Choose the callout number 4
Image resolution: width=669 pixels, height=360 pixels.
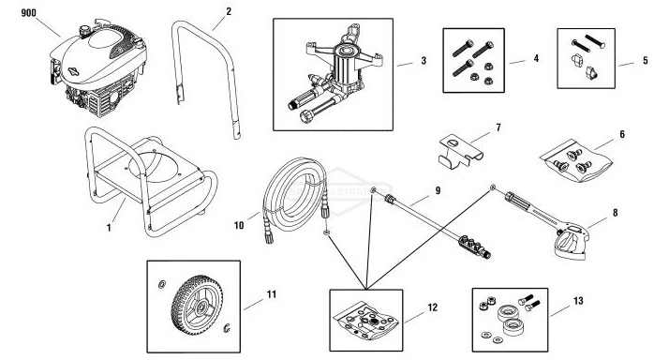tap(535, 60)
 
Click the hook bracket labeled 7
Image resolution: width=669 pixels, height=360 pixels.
tap(463, 149)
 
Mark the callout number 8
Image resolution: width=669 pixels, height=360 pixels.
tap(615, 215)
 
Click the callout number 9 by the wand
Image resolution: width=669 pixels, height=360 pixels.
tap(438, 191)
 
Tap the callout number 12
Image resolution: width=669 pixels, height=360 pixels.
tap(432, 306)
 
